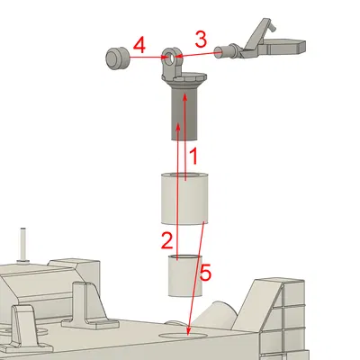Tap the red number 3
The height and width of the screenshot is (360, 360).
tap(202, 39)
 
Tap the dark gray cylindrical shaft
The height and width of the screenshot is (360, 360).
tap(185, 117)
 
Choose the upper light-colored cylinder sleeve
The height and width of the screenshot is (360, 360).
tap(184, 198)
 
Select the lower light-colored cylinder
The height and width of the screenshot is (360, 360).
tap(184, 277)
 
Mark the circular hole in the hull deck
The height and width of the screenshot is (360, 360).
tap(184, 334)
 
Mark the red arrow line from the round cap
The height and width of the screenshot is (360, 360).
tap(144, 58)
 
